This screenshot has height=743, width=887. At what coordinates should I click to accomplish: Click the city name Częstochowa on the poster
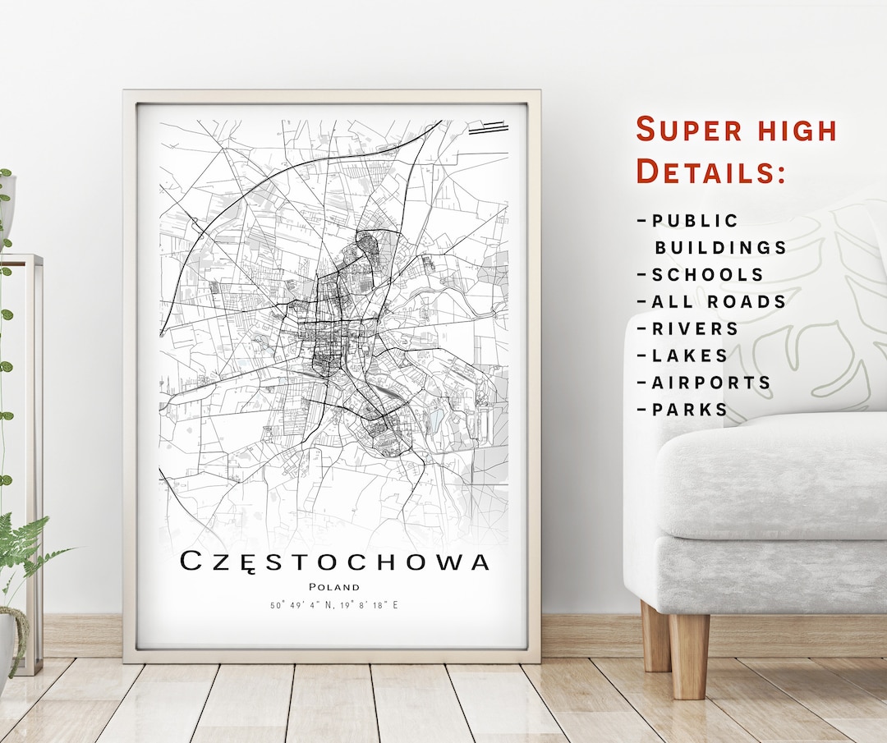(334, 562)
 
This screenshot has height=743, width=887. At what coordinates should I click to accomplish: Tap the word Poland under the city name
(334, 586)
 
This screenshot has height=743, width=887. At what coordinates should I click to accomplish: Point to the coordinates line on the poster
(334, 606)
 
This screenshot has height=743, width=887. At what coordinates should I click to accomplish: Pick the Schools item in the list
(707, 274)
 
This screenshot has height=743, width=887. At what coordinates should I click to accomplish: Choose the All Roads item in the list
(719, 301)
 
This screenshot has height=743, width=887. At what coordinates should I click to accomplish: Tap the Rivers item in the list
(695, 328)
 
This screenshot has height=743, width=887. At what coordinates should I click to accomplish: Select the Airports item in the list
(711, 383)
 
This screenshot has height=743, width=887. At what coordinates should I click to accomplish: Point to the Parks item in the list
(690, 410)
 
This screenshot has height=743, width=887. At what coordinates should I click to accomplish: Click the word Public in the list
(695, 221)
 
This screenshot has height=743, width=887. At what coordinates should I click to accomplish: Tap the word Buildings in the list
(720, 247)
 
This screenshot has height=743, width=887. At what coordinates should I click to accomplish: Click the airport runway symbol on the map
(488, 127)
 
